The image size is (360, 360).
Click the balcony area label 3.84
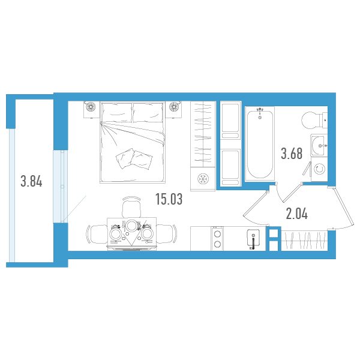31,181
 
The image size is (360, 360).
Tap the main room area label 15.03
169,199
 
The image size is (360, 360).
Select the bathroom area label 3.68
292,154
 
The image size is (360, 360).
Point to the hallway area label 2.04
296,214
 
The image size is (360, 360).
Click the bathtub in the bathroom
260,144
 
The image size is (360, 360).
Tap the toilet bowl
314,120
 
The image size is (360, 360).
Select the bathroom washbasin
319,145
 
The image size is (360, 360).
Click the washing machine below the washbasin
319,169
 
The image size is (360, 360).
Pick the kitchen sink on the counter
254,238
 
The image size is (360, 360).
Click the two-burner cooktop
217,238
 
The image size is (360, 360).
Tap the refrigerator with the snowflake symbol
203,179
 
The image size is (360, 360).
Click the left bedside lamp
91,107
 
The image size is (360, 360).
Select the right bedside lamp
174,107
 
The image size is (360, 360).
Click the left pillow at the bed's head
117,112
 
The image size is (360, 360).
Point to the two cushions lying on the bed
134,159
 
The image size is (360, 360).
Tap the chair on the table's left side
97,234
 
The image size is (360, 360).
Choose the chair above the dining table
131,206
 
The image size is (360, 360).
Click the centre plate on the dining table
132,226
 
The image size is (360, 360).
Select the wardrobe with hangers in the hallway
304,241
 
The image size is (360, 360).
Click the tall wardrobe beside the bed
203,134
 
